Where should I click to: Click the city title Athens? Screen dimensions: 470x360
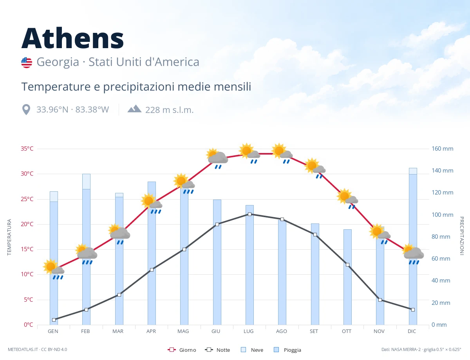coord(72,38)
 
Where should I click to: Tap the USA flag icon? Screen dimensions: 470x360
coord(27,63)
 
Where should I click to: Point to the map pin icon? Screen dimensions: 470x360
coord(26,110)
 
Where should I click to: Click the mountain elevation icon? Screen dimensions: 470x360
coord(134,109)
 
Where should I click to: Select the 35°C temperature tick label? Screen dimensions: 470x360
coord(27,149)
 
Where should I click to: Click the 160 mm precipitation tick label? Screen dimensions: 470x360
coord(442,149)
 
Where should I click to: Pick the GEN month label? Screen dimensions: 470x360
coord(53,331)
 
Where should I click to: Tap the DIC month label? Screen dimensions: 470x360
coord(412,331)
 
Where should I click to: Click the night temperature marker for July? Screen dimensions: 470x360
coord(249,214)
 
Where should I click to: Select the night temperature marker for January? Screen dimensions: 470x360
coord(54,320)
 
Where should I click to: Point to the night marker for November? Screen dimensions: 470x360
coord(380,300)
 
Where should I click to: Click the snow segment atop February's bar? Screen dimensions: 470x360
coord(86,182)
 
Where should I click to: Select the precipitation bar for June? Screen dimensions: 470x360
coord(217,262)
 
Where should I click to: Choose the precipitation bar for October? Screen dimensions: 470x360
coord(347,277)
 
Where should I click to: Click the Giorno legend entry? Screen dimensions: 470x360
coord(182,350)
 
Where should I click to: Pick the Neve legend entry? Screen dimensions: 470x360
coord(252,350)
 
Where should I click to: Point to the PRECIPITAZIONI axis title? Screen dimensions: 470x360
coord(462,236)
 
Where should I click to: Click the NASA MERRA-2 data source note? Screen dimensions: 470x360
coord(421,349)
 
